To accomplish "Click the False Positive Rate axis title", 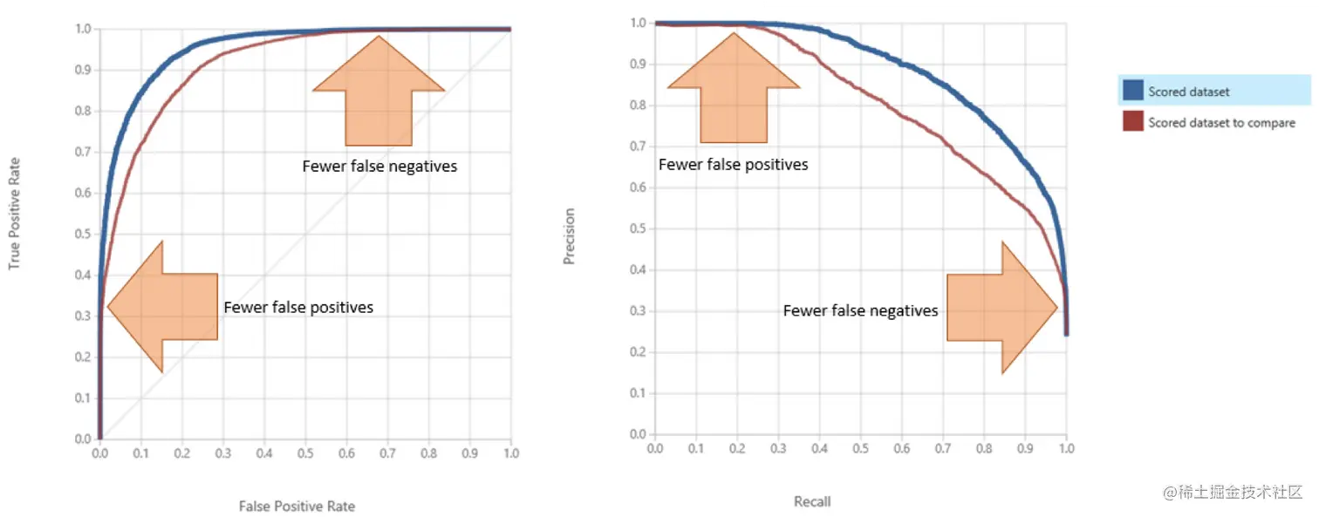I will (297, 506).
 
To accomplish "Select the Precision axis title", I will (570, 235).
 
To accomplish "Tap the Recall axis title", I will (812, 501).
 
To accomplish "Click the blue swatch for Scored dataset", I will (1132, 91).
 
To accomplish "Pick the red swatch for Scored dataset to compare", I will (1132, 122).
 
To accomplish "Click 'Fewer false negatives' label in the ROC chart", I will (379, 166).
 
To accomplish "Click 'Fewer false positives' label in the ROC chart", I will (298, 307).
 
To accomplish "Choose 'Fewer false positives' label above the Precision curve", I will (733, 165).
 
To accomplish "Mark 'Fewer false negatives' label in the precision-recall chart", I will (860, 310).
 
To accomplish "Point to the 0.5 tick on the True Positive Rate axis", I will (83, 234).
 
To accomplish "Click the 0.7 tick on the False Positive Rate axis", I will (387, 453).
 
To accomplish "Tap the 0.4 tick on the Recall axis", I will (819, 448).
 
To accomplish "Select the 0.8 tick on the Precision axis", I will (639, 105).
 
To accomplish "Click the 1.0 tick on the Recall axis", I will (1066, 448).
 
